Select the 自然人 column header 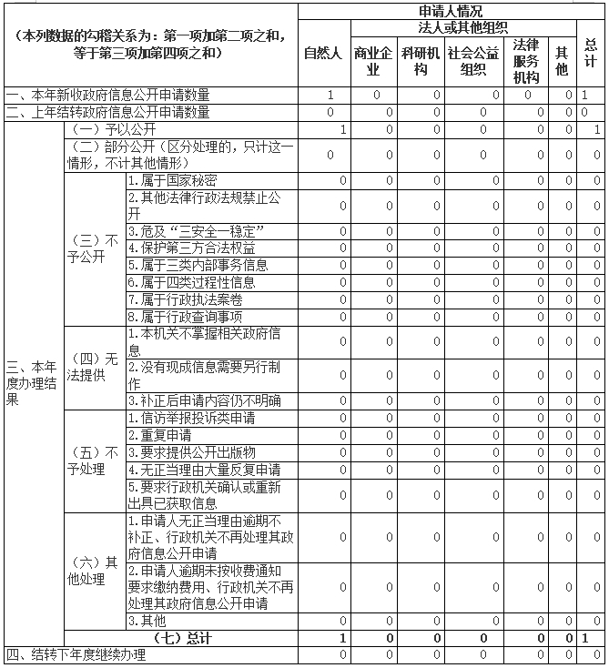coord(322,53)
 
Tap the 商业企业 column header coord(372,60)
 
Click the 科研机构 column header coord(421,60)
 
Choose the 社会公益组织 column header coord(480,60)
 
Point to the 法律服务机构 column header coord(527,60)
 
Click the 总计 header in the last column coord(590,53)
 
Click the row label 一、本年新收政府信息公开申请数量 coord(107,95)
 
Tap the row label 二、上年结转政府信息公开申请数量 coord(107,112)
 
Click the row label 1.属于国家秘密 coord(172,180)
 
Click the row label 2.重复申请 coord(159,435)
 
